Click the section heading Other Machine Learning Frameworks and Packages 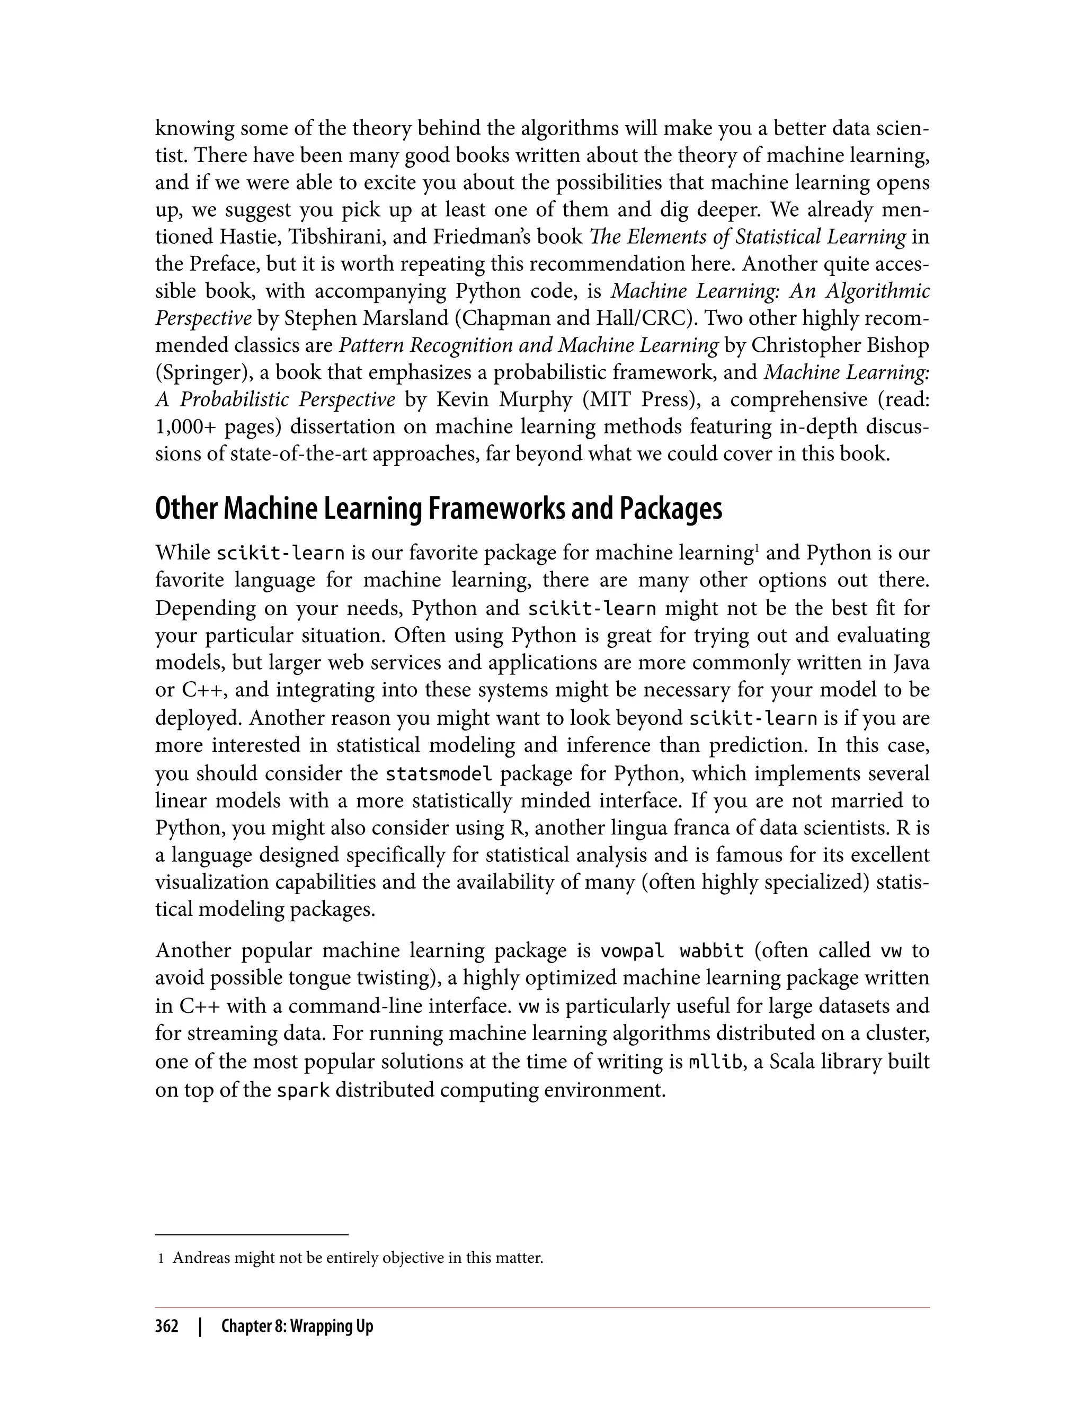439,510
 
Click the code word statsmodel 439,773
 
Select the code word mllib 715,1062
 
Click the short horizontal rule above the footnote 252,1234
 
